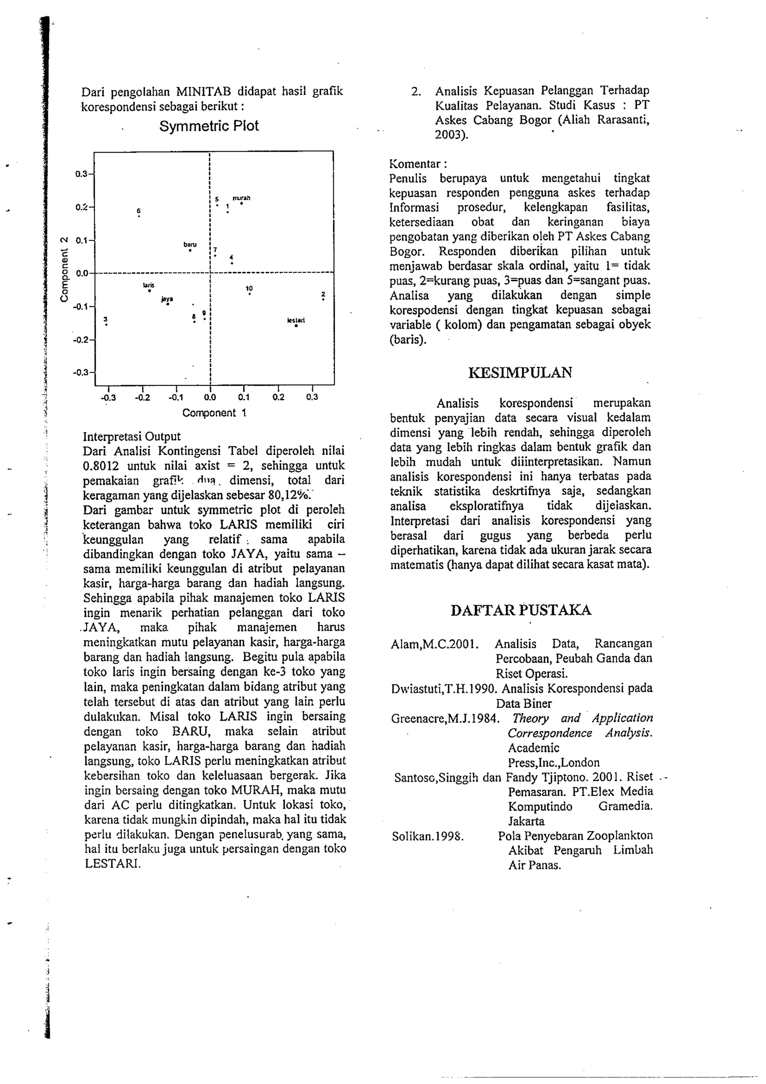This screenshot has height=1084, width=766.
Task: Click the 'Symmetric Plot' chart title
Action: pos(209,126)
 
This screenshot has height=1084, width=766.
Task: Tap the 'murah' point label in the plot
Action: pos(241,198)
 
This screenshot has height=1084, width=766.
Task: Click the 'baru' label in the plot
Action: pos(190,245)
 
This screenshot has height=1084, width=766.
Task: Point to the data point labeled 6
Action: pos(139,217)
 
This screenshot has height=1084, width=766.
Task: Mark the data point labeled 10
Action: pos(249,294)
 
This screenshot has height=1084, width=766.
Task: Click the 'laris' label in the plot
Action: pos(148,285)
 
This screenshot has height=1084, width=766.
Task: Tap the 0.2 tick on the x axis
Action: pos(278,397)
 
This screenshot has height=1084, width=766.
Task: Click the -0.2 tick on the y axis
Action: pos(83,339)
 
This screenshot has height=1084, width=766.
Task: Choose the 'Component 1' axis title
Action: pos(214,413)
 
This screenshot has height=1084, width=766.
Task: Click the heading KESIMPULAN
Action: pos(520,373)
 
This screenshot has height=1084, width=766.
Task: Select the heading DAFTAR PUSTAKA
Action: pos(521,610)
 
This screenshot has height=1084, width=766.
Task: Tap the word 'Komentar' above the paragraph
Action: pos(414,164)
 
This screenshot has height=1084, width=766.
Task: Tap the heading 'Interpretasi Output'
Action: pos(132,436)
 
